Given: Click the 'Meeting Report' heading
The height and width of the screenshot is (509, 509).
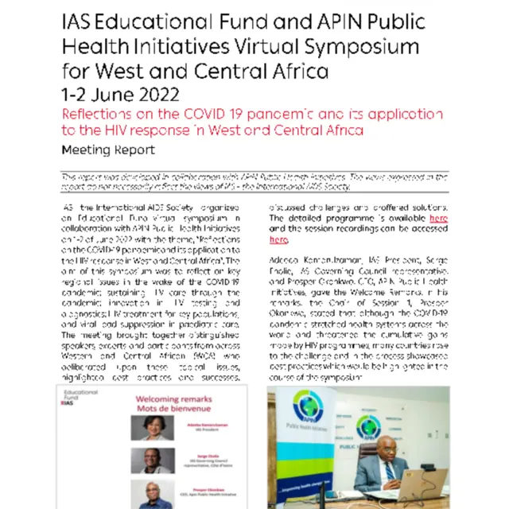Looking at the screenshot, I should pos(107,150).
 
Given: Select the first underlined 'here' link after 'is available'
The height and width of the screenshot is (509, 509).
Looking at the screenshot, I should pos(438,217).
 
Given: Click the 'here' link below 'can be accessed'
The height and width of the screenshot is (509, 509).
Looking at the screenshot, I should pos(278,239).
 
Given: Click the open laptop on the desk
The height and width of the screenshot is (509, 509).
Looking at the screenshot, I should pos(422,487).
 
